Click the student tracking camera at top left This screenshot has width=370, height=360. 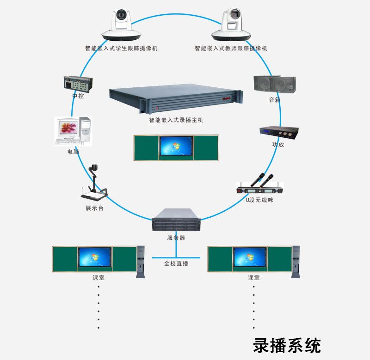click(x=121, y=25)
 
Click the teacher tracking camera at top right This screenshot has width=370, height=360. click(x=231, y=25)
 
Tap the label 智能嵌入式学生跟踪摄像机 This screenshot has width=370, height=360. click(x=121, y=48)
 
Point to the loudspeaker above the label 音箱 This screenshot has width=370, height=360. click(x=275, y=84)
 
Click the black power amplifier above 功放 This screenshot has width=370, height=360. click(x=278, y=132)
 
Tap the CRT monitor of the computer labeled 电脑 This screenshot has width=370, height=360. click(x=68, y=128)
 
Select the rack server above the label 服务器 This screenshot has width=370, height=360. click(x=176, y=220)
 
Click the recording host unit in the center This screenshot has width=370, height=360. click(x=176, y=98)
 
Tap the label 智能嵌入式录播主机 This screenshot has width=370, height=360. click(x=176, y=120)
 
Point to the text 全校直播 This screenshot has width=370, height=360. click(x=176, y=263)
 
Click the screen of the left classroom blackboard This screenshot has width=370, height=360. click(x=95, y=257)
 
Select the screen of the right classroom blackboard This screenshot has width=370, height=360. click(x=250, y=257)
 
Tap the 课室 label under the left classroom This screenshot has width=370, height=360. click(x=99, y=278)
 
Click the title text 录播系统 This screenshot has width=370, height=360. click(x=287, y=345)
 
